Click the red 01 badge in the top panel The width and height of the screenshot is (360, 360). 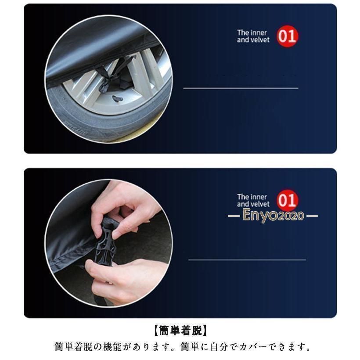(x=287, y=36)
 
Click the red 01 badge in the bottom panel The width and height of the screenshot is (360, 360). (x=287, y=200)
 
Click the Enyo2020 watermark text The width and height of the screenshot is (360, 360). (x=273, y=216)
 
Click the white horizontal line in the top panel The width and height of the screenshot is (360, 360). (x=241, y=88)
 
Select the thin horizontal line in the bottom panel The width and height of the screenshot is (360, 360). (x=247, y=259)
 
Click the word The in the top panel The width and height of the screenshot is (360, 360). (x=242, y=32)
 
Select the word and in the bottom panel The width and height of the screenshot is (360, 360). (x=242, y=204)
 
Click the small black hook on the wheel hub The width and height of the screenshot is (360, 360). (x=117, y=99)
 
